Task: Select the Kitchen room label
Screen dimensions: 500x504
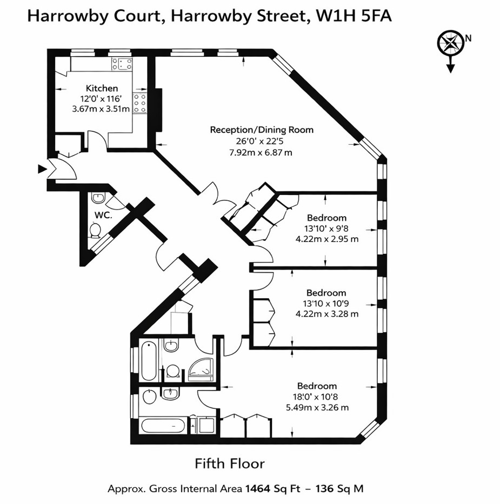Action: click(x=102, y=88)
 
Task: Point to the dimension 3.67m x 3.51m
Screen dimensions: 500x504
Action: click(x=101, y=108)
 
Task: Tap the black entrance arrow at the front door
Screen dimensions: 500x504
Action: click(x=42, y=170)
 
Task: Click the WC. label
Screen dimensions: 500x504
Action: click(x=103, y=215)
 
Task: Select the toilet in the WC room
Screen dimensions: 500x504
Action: click(x=95, y=231)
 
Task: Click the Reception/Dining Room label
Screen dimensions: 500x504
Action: click(x=262, y=130)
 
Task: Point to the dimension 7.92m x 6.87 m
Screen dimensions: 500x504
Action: click(x=262, y=152)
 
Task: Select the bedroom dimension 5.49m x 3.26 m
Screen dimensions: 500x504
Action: click(x=317, y=407)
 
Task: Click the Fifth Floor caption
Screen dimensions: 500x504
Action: click(x=230, y=463)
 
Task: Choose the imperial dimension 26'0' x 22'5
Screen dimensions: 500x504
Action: click(x=262, y=141)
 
